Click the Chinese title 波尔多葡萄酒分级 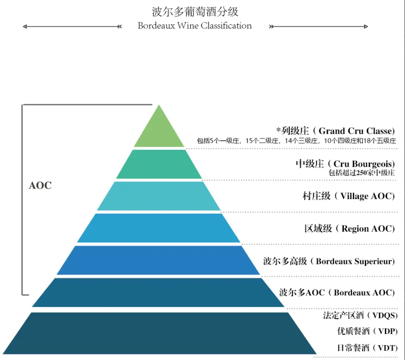click(195, 12)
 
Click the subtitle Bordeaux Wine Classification click(195, 26)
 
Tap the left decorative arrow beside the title click(72, 27)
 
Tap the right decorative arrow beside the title click(319, 27)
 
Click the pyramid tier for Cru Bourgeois click(159, 164)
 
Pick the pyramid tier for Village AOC click(159, 196)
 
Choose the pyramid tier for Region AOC click(159, 228)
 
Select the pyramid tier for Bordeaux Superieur click(159, 260)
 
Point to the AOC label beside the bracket click(40, 185)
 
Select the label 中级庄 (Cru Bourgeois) click(345, 164)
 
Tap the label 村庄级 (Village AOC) click(349, 196)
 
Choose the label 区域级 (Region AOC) click(349, 228)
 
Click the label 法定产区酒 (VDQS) click(360, 315)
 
